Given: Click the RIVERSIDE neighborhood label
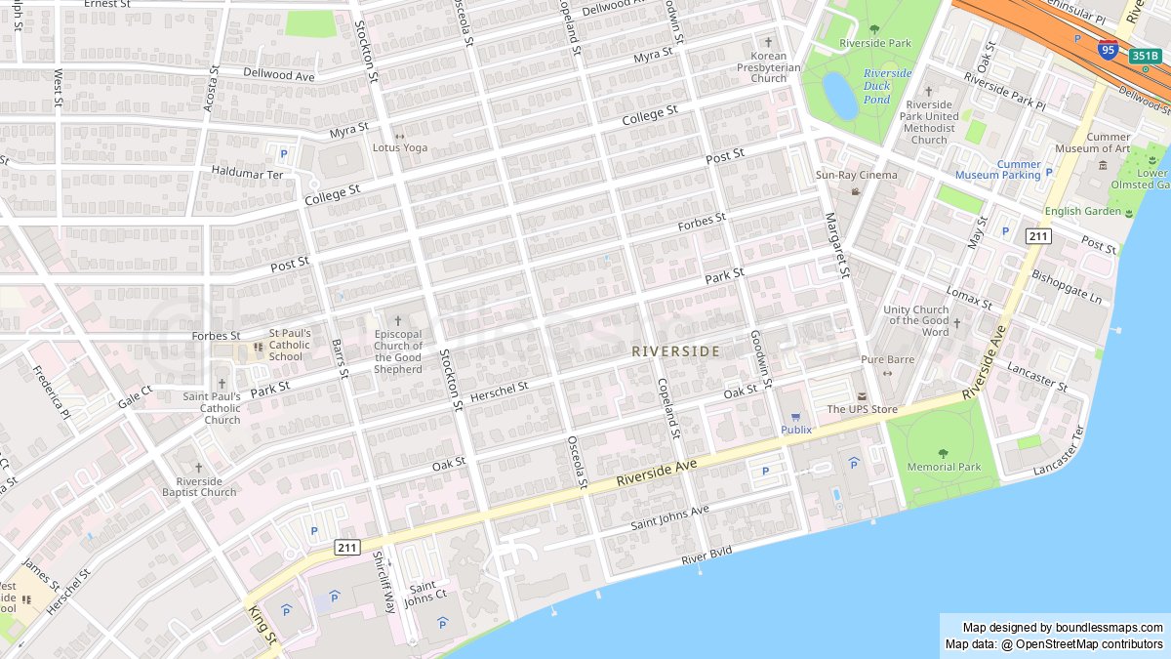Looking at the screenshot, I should point(675,350).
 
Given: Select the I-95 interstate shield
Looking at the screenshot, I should point(1108,49).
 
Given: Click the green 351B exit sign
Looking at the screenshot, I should point(1144,57).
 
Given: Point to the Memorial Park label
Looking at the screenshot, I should point(944,467).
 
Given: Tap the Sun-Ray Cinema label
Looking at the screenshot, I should point(856,175).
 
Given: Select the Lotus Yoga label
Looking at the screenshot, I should point(400,147).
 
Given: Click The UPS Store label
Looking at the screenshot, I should point(862,409).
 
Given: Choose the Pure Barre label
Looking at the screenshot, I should point(887,359).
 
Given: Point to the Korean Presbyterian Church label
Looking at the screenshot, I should point(769,66).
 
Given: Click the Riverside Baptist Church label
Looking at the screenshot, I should point(199,486).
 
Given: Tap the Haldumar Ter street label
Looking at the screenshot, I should point(247,174).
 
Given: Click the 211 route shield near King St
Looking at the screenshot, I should point(347,548).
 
